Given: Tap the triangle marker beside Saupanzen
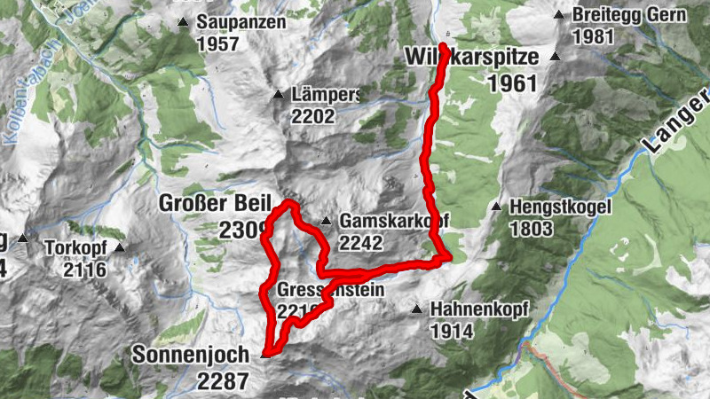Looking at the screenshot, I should tap(183, 22).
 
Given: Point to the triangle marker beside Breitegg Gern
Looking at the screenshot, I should tap(559, 15).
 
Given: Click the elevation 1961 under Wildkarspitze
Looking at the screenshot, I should tap(512, 83).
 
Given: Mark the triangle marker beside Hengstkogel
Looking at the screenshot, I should tap(496, 207).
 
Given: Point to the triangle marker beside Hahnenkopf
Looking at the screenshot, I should tap(416, 309).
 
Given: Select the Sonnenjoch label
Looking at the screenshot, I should tap(191, 355).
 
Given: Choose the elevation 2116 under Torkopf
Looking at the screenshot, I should tap(84, 270).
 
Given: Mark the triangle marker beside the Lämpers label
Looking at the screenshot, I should tap(277, 93).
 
